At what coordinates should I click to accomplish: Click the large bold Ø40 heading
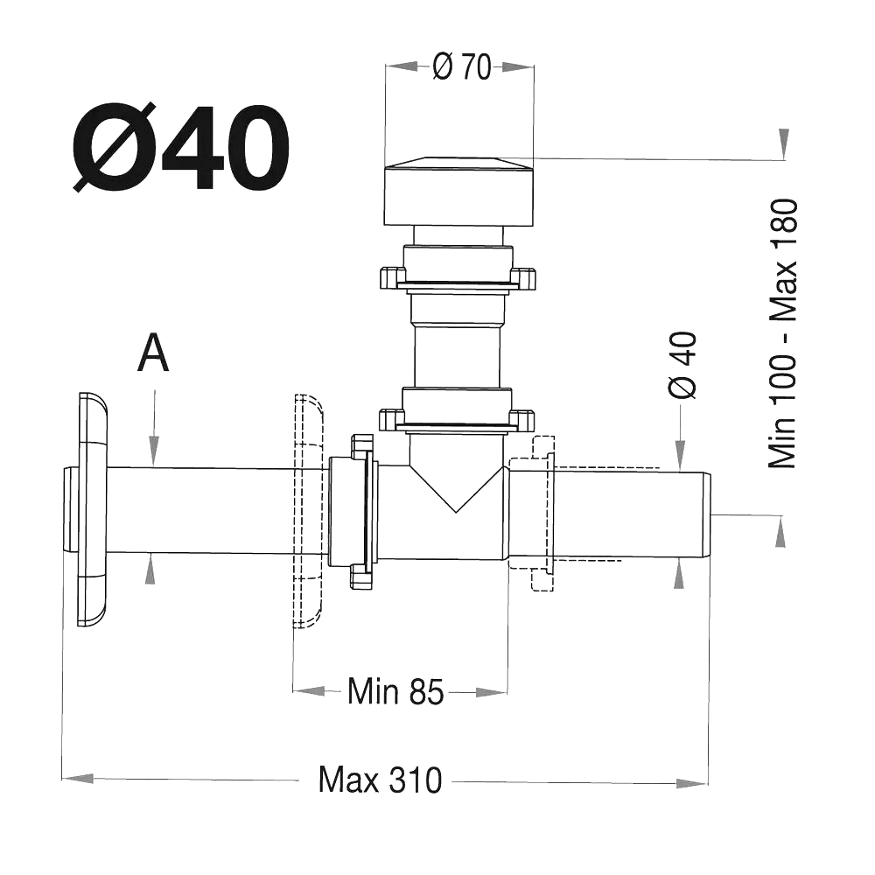pyautogui.click(x=181, y=147)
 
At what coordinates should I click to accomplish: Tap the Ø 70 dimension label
pyautogui.click(x=462, y=67)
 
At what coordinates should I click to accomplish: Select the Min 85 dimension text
pyautogui.click(x=395, y=692)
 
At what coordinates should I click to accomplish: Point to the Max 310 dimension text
pyautogui.click(x=380, y=780)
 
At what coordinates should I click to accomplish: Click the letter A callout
pyautogui.click(x=153, y=353)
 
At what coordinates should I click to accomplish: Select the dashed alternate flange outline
pyautogui.click(x=308, y=511)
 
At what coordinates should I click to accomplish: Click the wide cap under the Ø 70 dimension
pyautogui.click(x=459, y=192)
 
